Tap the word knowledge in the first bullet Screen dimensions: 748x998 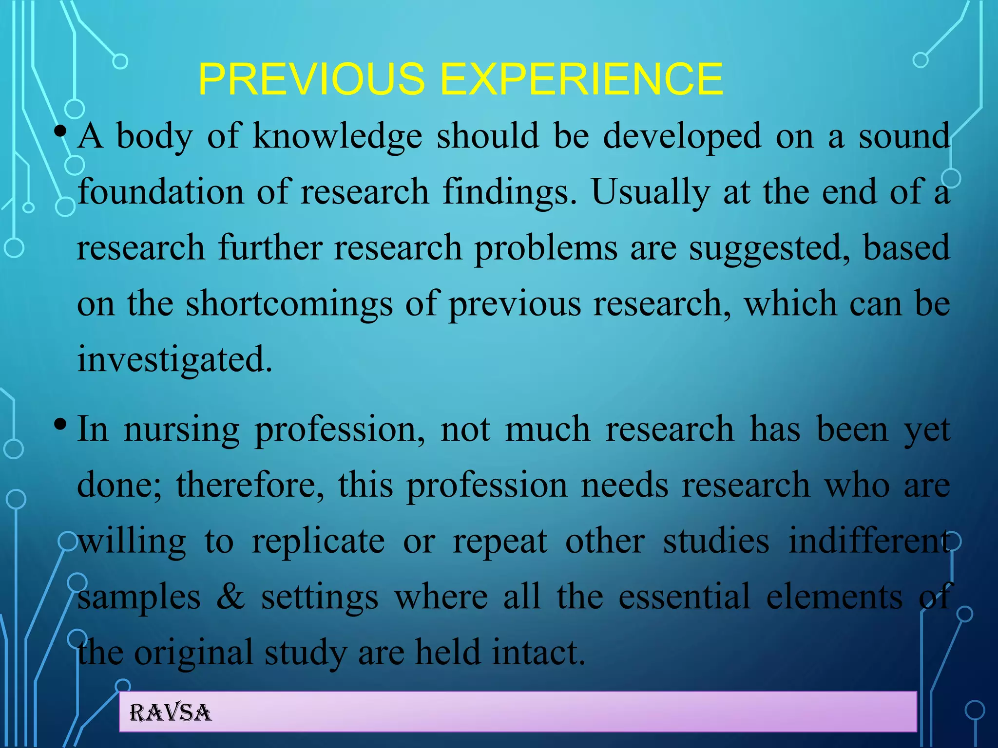pyautogui.click(x=337, y=136)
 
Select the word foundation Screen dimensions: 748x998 pyautogui.click(x=161, y=192)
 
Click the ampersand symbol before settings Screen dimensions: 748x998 pyautogui.click(x=230, y=597)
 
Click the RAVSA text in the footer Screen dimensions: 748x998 pyautogui.click(x=170, y=713)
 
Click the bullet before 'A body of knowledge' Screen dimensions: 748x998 pyautogui.click(x=60, y=132)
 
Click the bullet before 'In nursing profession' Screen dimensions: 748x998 pyautogui.click(x=60, y=424)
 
